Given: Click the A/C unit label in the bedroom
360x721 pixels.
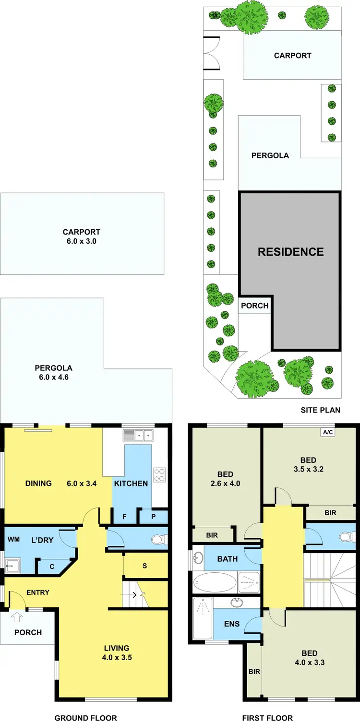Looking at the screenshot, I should tap(328, 432).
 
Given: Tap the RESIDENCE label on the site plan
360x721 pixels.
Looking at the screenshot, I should tap(291, 252).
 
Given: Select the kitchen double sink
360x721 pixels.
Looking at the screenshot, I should tap(138, 436).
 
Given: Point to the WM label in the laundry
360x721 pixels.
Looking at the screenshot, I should tap(13, 540).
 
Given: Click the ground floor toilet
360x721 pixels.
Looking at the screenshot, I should tap(158, 540).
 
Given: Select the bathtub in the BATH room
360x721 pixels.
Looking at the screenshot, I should tap(215, 583).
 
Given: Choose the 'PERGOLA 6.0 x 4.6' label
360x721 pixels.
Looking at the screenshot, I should tap(53, 373).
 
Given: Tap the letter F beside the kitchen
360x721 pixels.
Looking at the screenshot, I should tap(124, 517).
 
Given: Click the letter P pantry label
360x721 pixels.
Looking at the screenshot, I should tap(153, 517).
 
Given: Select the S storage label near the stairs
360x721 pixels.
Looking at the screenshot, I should tap(144, 566).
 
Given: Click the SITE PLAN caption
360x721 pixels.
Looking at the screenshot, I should tap(320, 410).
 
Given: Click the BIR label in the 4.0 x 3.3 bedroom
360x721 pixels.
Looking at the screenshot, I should tap(254, 672).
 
